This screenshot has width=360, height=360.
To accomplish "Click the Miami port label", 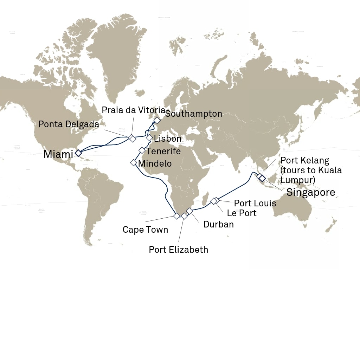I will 58,154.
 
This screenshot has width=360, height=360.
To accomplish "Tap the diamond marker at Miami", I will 78,153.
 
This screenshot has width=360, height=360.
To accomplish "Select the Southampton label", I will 193,114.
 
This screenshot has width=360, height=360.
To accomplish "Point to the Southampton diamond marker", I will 157,120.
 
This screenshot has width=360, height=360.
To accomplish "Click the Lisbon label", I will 168,139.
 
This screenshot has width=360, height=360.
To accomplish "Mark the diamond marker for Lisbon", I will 149,137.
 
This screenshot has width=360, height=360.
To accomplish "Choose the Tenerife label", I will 163,151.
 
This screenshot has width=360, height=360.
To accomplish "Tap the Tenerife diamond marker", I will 142,150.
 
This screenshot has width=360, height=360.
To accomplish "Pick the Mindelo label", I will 155,163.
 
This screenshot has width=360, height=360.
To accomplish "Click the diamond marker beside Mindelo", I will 134,162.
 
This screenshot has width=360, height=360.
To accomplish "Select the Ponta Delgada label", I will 69,124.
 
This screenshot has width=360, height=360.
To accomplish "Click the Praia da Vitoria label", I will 133,110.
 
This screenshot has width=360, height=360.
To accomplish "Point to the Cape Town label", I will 145,230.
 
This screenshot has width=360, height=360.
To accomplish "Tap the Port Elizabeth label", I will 178,250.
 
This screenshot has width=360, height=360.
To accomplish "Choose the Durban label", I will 218,224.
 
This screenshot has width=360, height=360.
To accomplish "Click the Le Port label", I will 242,213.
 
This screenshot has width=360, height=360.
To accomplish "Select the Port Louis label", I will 255,203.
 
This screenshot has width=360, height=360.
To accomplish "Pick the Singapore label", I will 310,192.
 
